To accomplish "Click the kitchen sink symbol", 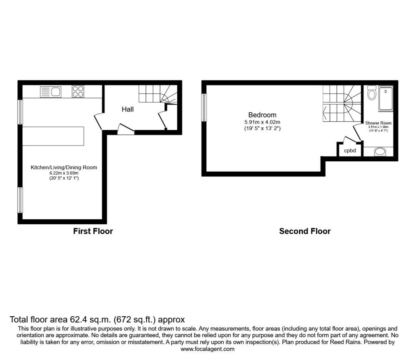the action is point(51,92).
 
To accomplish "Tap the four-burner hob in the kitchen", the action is point(78,92).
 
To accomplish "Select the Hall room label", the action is point(128,109).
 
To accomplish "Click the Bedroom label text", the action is point(262,115).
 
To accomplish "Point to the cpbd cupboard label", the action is point(350,151).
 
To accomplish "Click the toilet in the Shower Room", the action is point(372,92).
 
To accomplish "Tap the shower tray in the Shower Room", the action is point(386,99).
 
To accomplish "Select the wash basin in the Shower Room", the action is point(380,152).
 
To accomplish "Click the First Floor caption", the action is point(93,231).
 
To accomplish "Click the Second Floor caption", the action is point(305,231).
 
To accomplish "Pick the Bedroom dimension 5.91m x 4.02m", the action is point(262,122).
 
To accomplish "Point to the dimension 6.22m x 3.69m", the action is point(64,173).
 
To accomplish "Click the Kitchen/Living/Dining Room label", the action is point(64,167).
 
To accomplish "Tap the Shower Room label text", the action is point(378,123).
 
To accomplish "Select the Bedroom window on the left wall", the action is point(204,107).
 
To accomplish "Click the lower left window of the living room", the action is point(20,200).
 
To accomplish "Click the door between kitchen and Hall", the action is point(98,122).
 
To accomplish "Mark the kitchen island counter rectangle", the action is point(53,136).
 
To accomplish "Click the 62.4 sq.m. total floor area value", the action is point(90,319).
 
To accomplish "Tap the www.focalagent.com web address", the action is point(207,349).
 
